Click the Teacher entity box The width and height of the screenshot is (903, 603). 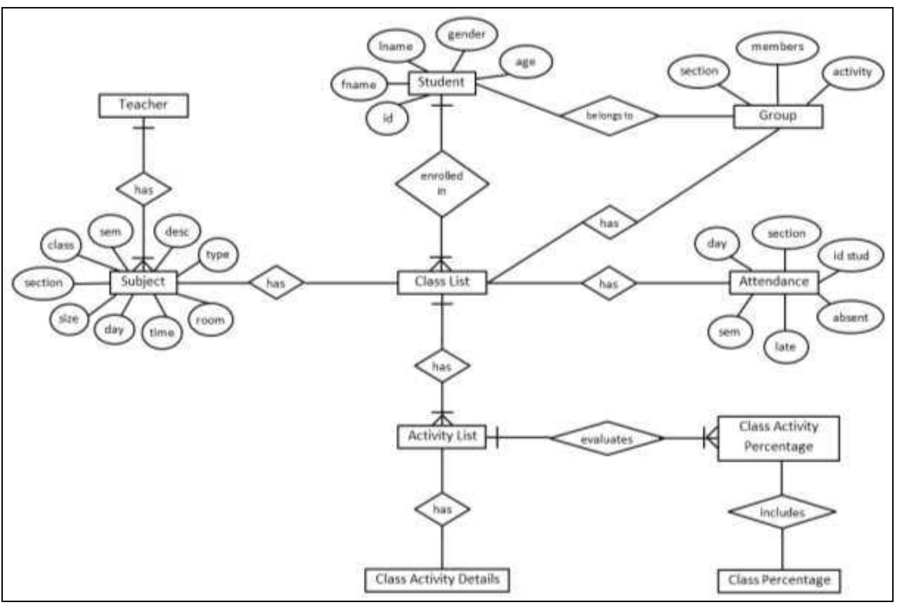click(x=143, y=105)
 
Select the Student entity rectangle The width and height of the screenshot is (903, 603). click(x=441, y=83)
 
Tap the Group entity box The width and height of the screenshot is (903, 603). click(x=778, y=116)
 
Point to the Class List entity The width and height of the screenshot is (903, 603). click(x=442, y=282)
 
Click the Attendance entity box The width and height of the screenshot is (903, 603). click(x=774, y=282)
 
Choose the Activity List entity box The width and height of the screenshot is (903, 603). click(x=442, y=436)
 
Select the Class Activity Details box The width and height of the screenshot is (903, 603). click(x=437, y=579)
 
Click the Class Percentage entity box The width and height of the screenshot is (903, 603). click(x=779, y=580)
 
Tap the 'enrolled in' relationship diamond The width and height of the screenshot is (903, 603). click(x=441, y=183)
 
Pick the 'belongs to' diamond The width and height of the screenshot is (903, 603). click(x=609, y=116)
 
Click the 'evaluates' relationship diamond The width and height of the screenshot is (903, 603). click(x=607, y=439)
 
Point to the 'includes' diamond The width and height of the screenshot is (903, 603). click(x=782, y=512)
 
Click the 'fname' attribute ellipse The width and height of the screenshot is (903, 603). click(x=359, y=85)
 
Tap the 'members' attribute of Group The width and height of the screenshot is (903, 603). click(x=777, y=47)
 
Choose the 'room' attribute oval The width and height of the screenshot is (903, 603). click(x=210, y=320)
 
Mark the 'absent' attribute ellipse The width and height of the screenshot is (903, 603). click(x=850, y=317)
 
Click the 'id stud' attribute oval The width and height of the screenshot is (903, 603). click(x=850, y=255)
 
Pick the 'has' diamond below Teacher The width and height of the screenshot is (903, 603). click(x=144, y=190)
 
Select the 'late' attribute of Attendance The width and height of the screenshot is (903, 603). click(x=785, y=347)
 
